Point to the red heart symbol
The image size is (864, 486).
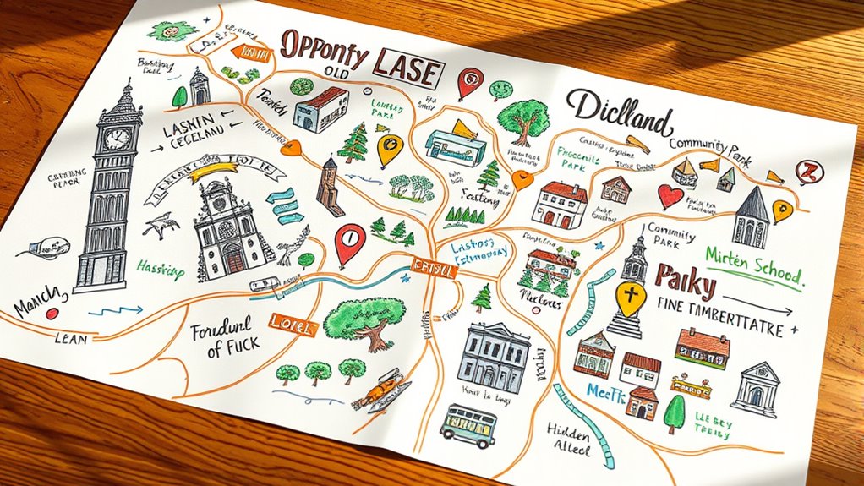(670, 196)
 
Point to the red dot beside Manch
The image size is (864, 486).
(52, 313)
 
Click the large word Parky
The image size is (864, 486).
(686, 280)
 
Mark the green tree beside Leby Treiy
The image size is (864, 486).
(675, 414)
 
